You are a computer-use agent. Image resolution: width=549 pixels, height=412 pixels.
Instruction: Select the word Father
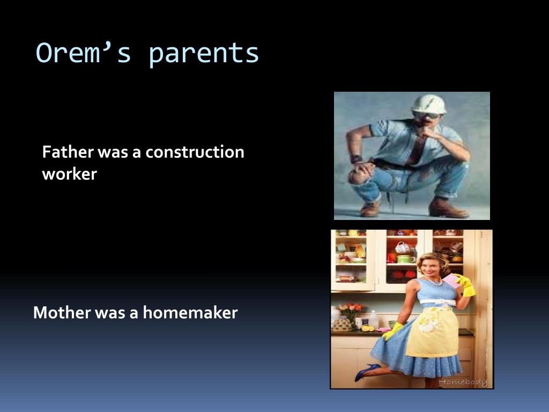coord(68,152)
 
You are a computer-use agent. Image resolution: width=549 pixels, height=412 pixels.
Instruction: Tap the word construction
coord(195,152)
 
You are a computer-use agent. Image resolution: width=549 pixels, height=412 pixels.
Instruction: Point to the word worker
coord(70,174)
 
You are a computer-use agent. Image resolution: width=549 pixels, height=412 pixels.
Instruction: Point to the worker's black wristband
coord(355,159)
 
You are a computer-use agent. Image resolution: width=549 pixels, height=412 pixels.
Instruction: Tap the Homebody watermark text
coord(463,382)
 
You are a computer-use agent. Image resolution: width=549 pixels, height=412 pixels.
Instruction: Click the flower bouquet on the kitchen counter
coord(351,311)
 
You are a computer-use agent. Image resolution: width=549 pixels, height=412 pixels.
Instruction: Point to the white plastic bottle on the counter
coord(374,320)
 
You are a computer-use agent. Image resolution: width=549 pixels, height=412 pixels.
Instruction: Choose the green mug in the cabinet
coord(406,259)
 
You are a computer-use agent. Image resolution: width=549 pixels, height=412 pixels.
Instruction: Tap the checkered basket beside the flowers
coord(342,325)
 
